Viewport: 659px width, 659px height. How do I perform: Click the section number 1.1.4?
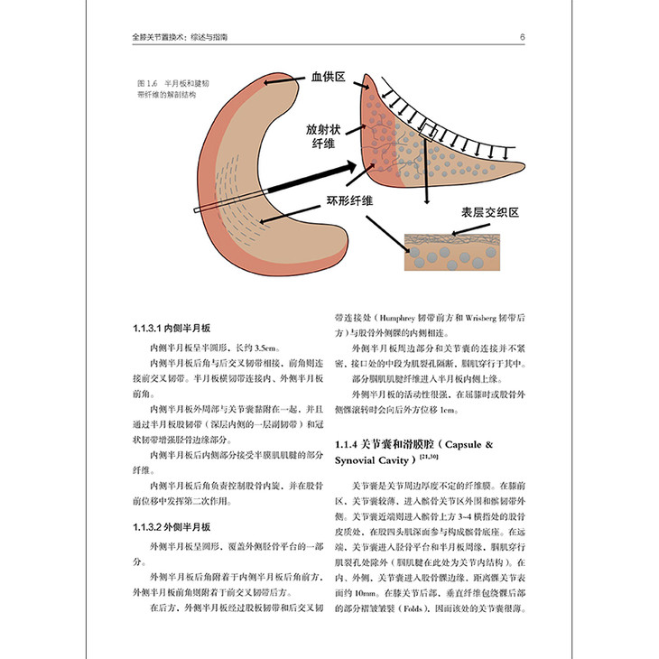tap(348, 445)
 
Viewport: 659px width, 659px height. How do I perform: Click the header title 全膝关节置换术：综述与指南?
tap(189, 38)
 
